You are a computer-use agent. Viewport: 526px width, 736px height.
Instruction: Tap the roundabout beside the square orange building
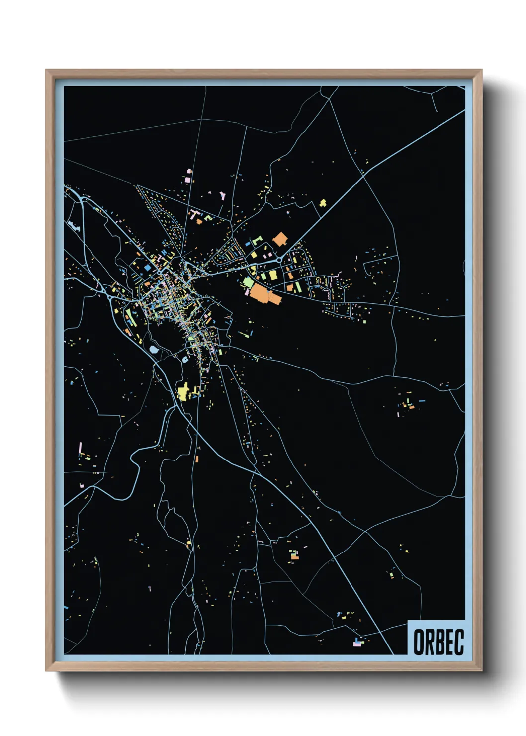(279, 259)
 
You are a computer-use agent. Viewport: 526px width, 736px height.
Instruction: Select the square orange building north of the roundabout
(280, 239)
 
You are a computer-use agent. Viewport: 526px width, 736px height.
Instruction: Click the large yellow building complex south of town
(183, 392)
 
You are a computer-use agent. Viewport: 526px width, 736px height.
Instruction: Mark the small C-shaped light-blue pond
(185, 359)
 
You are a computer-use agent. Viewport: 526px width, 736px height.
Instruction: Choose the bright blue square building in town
(147, 268)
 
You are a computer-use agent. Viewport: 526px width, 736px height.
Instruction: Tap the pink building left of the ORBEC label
(356, 644)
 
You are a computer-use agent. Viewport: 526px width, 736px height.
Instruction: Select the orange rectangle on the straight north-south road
(197, 459)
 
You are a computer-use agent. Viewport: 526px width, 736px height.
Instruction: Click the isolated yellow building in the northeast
(323, 203)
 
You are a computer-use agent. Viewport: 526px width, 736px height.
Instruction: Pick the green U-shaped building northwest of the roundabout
(257, 240)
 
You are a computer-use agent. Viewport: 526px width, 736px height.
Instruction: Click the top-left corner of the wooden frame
(46, 70)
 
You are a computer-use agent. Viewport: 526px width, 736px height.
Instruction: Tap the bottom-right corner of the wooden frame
(481, 671)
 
